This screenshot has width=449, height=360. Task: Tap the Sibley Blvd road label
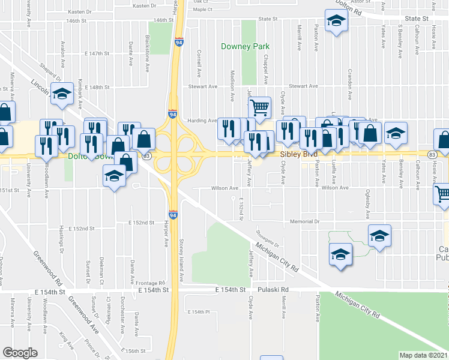pyautogui.click(x=299, y=154)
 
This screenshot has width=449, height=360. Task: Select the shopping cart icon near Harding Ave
pyautogui.click(x=259, y=108)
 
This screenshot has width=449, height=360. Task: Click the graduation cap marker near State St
pyautogui.click(x=337, y=22)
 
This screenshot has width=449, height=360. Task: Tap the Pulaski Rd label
pyautogui.click(x=273, y=289)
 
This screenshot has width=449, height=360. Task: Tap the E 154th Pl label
pyautogui.click(x=198, y=312)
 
